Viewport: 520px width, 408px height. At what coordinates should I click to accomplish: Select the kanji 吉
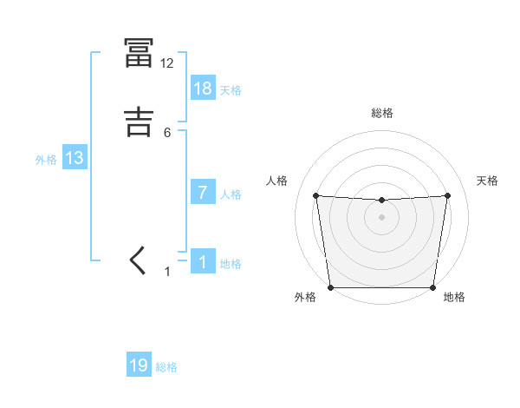click(x=139, y=122)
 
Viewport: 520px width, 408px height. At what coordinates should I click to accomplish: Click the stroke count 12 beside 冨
click(x=166, y=63)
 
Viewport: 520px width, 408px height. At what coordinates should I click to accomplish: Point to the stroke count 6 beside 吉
click(x=167, y=132)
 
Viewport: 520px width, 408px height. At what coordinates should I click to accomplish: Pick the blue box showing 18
click(x=203, y=89)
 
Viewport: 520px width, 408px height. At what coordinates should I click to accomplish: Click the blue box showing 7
click(x=203, y=193)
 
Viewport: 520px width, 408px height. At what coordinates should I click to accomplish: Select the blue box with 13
click(x=75, y=158)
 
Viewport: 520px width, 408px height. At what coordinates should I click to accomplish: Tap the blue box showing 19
click(x=139, y=365)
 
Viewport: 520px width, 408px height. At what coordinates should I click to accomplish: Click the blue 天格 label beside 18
click(x=231, y=90)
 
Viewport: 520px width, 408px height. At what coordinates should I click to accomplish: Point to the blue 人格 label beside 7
click(x=231, y=194)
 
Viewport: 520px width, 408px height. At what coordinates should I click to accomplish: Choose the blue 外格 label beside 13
click(x=46, y=160)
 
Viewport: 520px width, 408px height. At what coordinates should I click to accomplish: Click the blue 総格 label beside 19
click(x=166, y=367)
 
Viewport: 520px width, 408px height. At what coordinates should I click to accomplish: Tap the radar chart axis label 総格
click(x=382, y=113)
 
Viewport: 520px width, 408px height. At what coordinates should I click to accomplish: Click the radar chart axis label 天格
click(x=488, y=181)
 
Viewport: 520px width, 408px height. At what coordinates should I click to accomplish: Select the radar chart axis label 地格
click(x=454, y=297)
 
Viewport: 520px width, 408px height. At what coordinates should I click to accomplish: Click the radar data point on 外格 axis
click(x=331, y=286)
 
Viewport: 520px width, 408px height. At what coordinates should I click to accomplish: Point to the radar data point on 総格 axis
click(x=381, y=201)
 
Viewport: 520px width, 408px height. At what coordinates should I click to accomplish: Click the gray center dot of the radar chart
click(x=381, y=216)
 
